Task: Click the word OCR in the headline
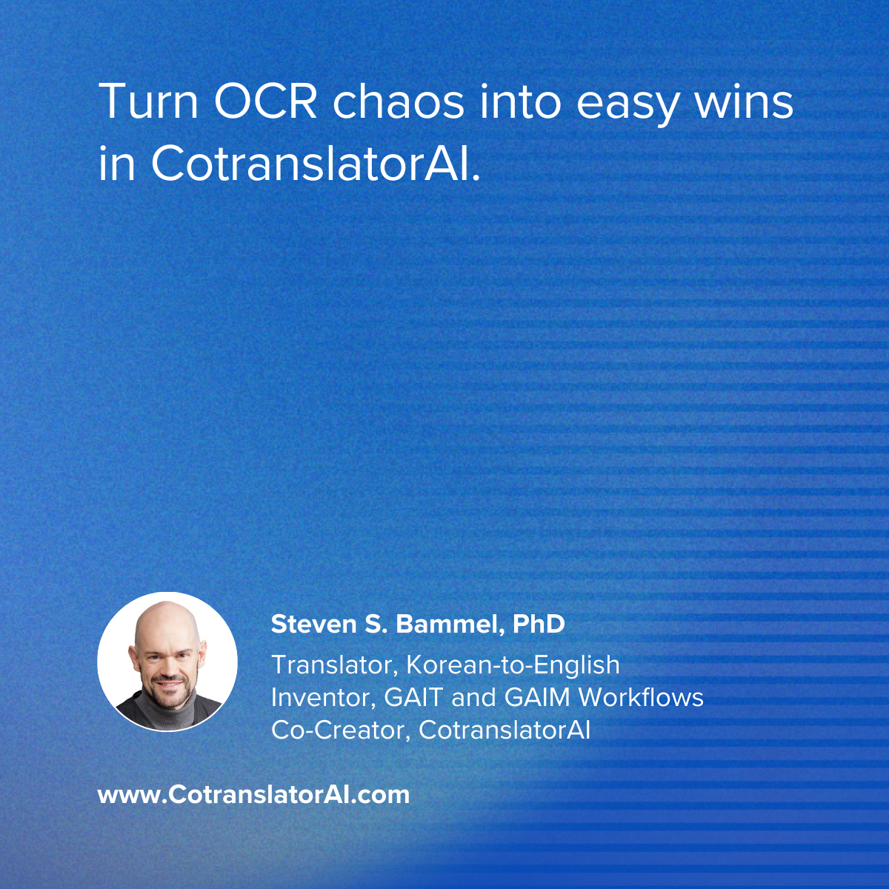[x=265, y=102]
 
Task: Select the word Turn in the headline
[x=148, y=102]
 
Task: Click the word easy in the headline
[x=627, y=107]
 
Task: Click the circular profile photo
[x=167, y=662]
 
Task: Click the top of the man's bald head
[x=165, y=605]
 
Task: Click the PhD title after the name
[x=539, y=625]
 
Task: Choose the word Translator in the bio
[x=336, y=665]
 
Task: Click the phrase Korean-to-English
[x=513, y=665]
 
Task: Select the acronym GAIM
[x=536, y=697]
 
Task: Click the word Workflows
[x=641, y=697]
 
